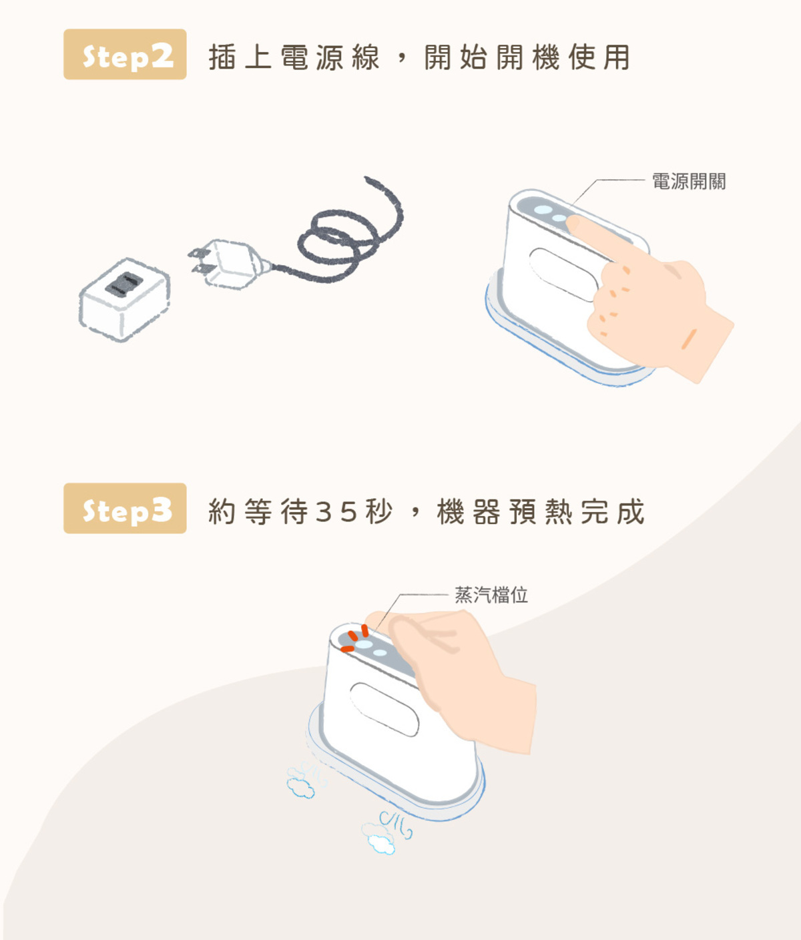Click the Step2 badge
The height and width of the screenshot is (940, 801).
pos(125,55)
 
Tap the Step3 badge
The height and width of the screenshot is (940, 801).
pos(125,509)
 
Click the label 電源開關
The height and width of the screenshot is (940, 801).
pos(688,182)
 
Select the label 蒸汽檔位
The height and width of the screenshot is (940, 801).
pos(491,595)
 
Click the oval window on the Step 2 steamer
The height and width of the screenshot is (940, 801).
pos(564,274)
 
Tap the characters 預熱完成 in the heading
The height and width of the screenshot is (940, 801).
pos(577,512)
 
